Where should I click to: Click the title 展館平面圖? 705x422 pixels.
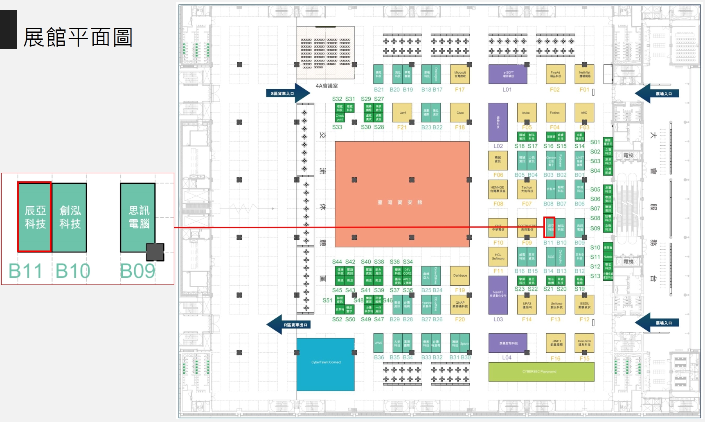click(x=78, y=38)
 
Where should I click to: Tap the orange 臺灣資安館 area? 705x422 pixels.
click(x=402, y=194)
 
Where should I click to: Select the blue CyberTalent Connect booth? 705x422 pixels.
click(x=326, y=364)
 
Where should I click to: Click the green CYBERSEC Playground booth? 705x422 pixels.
click(x=541, y=372)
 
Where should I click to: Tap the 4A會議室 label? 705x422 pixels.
click(x=327, y=86)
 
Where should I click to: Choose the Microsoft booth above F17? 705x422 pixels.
click(x=460, y=74)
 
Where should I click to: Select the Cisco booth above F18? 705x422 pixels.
click(x=460, y=113)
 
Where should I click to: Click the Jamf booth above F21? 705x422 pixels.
click(x=403, y=113)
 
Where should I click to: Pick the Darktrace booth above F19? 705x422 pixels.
click(x=460, y=275)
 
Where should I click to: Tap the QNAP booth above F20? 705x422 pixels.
click(x=460, y=305)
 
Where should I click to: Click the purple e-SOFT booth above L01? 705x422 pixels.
click(x=508, y=74)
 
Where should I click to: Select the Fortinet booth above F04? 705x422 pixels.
click(x=555, y=113)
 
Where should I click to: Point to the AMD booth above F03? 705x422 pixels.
click(x=584, y=113)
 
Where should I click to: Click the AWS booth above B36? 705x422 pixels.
click(x=378, y=343)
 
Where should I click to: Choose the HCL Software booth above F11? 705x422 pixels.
click(x=498, y=257)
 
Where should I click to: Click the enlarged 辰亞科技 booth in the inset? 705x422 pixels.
click(x=35, y=217)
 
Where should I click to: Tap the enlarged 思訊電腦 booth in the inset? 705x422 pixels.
click(x=138, y=217)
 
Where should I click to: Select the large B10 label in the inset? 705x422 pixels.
click(x=73, y=271)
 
